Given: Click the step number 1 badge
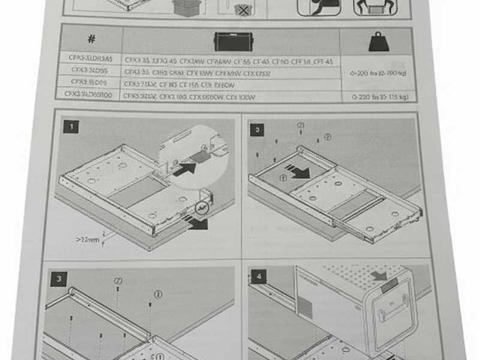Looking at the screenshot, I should (x=71, y=127).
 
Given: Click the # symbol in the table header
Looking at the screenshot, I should (x=91, y=39).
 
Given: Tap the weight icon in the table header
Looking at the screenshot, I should (x=376, y=40).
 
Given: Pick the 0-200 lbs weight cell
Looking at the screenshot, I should (x=379, y=74).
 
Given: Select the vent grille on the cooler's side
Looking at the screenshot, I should (x=303, y=307).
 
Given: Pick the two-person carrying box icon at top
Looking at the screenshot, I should (x=372, y=7).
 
